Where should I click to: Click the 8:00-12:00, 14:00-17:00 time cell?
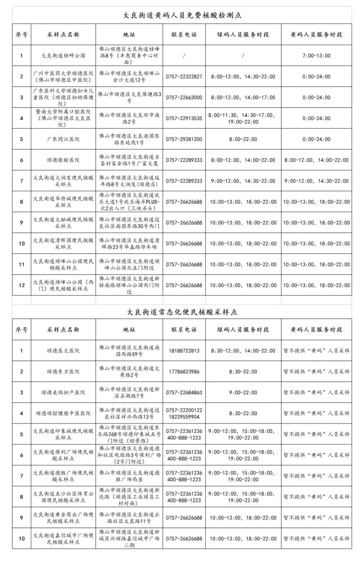coord(243,97)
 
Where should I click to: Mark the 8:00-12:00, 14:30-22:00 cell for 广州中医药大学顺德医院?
coord(243,77)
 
